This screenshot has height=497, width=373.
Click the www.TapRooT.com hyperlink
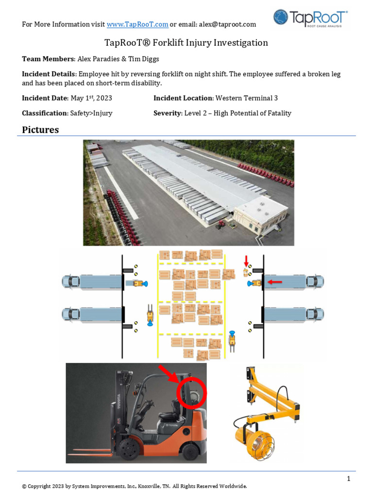pyautogui.click(x=137, y=24)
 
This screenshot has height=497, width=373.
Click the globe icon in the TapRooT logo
pyautogui.click(x=281, y=17)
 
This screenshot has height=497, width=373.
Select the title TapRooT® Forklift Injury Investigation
pyautogui.click(x=186, y=43)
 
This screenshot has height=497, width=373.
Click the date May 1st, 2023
pyautogui.click(x=91, y=98)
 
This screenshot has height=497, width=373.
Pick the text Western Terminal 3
pyautogui.click(x=247, y=98)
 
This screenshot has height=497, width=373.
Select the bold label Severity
pyautogui.click(x=167, y=113)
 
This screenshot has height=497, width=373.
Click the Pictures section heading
pyautogui.click(x=40, y=130)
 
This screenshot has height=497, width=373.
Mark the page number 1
pyautogui.click(x=349, y=479)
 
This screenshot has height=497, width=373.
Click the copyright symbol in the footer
pyautogui.click(x=24, y=486)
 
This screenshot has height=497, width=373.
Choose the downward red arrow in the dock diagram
pyautogui.click(x=246, y=261)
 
